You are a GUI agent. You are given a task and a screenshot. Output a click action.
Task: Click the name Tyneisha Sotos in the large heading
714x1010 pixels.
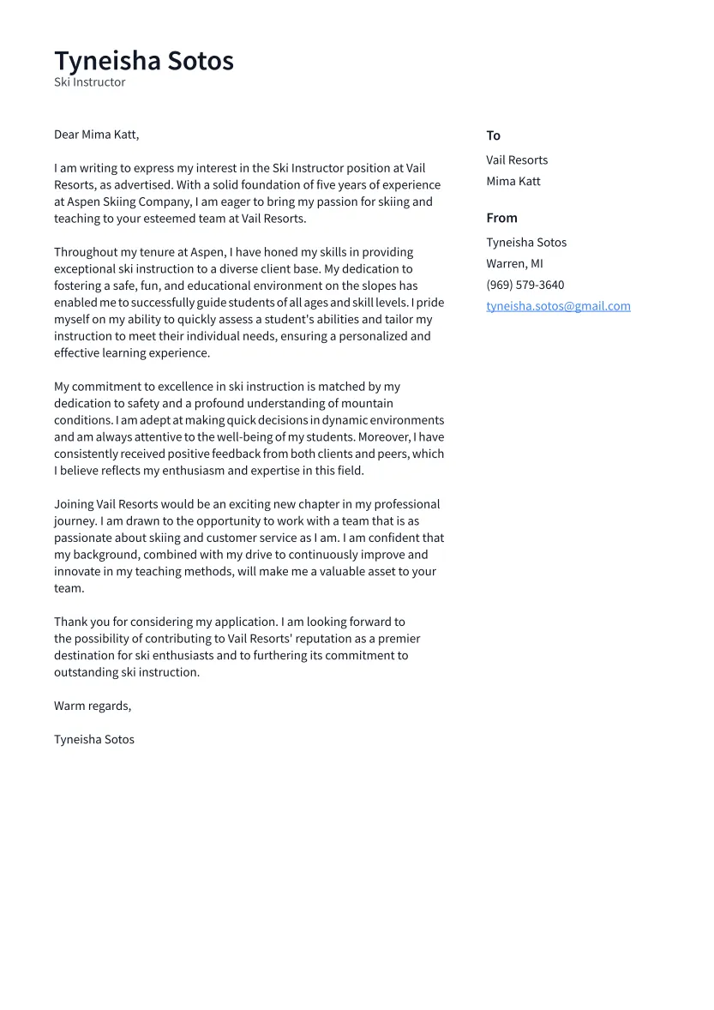click(144, 61)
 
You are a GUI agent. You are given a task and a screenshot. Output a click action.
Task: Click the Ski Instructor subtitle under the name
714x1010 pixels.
click(90, 82)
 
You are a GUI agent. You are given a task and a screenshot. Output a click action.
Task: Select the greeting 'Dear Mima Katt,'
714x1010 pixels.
click(96, 135)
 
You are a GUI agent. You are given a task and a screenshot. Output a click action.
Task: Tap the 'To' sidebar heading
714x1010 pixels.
click(493, 135)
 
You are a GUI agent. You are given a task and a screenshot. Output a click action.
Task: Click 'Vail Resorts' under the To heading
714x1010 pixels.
click(517, 160)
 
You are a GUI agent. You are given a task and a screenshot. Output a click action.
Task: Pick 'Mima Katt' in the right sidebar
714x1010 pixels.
click(513, 182)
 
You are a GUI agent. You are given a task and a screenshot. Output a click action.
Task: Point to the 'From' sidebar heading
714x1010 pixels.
click(501, 218)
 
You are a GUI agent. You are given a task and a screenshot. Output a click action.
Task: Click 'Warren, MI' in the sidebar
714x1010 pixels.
click(514, 264)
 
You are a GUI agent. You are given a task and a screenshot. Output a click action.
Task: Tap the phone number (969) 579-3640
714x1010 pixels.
click(525, 286)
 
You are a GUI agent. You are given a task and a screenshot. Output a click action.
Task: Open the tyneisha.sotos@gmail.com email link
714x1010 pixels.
click(558, 306)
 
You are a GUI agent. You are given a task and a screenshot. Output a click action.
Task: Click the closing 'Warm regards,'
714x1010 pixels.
click(93, 706)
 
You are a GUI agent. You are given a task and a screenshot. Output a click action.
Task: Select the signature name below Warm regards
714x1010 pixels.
click(94, 740)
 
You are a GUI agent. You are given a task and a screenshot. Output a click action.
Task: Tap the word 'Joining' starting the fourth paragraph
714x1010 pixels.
click(75, 504)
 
